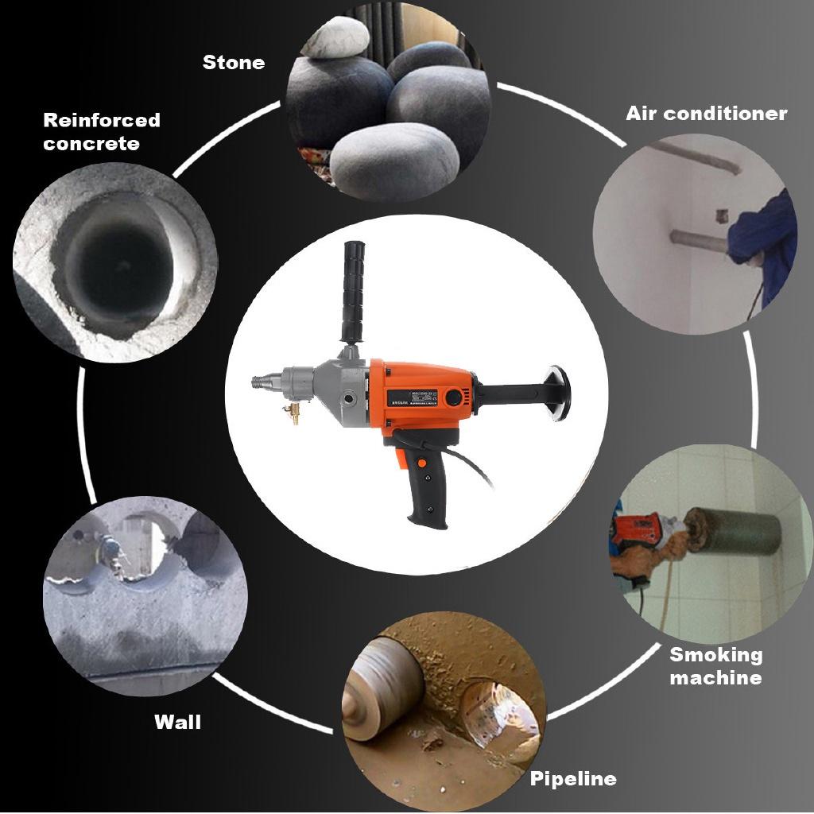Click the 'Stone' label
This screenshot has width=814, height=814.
tap(234, 62)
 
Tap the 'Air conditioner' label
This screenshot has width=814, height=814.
tap(706, 113)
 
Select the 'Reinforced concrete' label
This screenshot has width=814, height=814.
tap(102, 132)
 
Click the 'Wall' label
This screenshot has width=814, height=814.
tap(177, 722)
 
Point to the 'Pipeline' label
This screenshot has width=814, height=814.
tap(572, 778)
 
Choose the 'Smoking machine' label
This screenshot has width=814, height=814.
tap(715, 666)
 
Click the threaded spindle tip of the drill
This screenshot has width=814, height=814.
tap(261, 382)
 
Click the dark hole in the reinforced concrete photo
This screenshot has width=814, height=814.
tap(111, 262)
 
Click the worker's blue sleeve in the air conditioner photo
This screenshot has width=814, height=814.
tap(763, 231)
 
